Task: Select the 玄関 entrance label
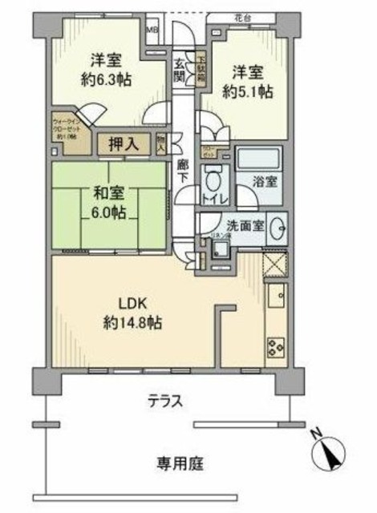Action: click(x=180, y=71)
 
